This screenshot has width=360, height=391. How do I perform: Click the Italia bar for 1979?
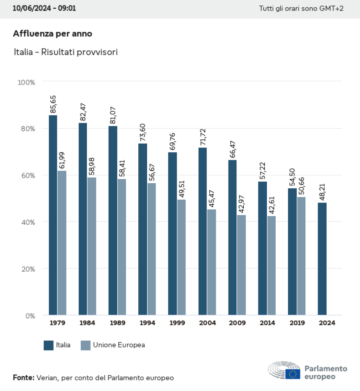(53, 215)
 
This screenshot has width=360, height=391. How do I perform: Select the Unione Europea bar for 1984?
(92, 246)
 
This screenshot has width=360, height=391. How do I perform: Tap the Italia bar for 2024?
(322, 259)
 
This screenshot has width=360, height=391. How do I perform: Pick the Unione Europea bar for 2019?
(301, 256)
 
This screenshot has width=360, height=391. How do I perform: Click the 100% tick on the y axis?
(26, 82)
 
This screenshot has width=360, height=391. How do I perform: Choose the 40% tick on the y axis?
(28, 222)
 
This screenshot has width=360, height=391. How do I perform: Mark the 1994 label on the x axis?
(147, 323)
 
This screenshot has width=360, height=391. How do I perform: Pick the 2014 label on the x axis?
(267, 323)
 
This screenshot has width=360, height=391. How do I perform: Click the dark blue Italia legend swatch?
(49, 345)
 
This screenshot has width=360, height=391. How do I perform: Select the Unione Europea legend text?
(119, 345)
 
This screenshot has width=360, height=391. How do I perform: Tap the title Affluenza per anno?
(53, 34)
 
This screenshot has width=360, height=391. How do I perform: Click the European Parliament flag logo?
(293, 374)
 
